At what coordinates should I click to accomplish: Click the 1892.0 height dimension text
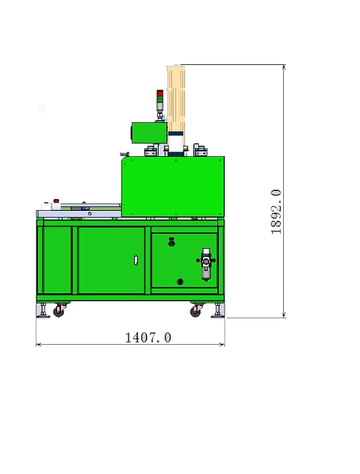click(276, 211)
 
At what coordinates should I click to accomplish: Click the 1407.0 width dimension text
click(148, 337)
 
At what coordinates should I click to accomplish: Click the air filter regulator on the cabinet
click(206, 263)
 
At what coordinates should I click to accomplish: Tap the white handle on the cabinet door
click(136, 259)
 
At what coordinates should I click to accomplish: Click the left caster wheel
click(58, 311)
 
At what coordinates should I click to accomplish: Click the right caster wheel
click(196, 311)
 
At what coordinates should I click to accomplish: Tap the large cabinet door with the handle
click(111, 260)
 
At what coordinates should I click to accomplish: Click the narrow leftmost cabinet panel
click(56, 260)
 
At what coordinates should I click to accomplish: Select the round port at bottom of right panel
click(180, 281)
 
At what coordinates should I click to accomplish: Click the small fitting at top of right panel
click(172, 241)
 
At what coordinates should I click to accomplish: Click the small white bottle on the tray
click(56, 202)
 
